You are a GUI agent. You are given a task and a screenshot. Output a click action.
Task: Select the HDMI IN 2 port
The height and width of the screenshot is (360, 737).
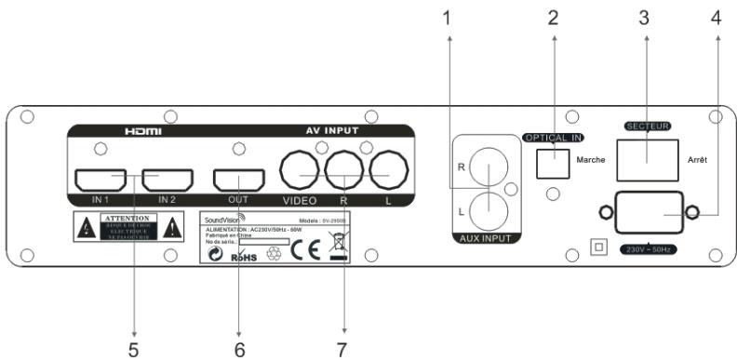click(x=166, y=179)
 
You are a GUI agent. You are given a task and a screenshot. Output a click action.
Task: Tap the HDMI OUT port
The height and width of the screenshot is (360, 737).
click(x=239, y=179)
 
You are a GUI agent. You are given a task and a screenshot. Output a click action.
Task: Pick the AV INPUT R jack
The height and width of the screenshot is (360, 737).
click(x=345, y=172)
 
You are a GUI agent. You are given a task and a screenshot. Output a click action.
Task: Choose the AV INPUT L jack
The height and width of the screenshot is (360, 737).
click(x=390, y=172)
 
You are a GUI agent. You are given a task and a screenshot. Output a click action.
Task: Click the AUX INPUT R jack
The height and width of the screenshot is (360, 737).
click(x=488, y=167)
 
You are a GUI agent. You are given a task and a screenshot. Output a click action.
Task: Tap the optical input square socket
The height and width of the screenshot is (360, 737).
click(x=555, y=163)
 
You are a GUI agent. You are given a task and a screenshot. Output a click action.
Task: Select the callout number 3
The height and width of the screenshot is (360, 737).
click(x=643, y=16)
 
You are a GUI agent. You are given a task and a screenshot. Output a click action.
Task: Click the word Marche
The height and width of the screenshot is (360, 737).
click(x=592, y=160)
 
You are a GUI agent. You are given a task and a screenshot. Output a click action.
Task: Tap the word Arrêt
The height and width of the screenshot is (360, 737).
click(x=698, y=160)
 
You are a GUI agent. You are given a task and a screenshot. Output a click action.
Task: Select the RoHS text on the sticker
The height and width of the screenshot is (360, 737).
click(x=243, y=254)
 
